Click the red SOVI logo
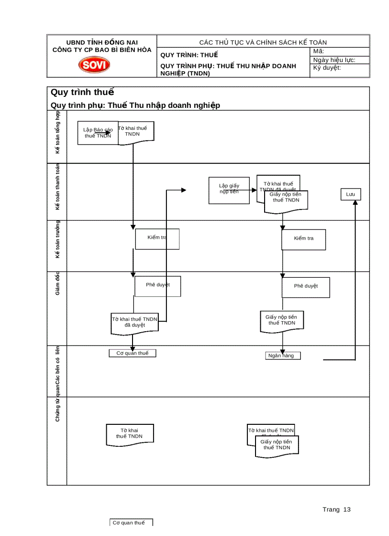click(x=94, y=64)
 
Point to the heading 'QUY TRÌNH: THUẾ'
click(x=189, y=54)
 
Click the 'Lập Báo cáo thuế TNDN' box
click(x=98, y=133)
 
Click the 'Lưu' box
click(x=350, y=194)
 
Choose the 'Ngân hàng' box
click(x=283, y=356)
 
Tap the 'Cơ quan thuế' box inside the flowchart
click(x=133, y=353)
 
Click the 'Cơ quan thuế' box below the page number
click(x=131, y=523)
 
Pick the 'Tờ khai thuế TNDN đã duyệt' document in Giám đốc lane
click(x=134, y=323)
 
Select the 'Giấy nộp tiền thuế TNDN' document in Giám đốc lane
click(x=281, y=320)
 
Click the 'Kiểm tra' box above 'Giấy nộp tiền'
click(x=304, y=239)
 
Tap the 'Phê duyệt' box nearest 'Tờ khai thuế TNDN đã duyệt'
click(x=157, y=285)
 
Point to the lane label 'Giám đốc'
click(x=57, y=284)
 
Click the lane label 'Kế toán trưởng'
click(x=57, y=240)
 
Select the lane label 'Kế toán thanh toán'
click(x=57, y=187)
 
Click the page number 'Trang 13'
click(x=336, y=509)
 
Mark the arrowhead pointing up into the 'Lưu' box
click(x=355, y=203)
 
